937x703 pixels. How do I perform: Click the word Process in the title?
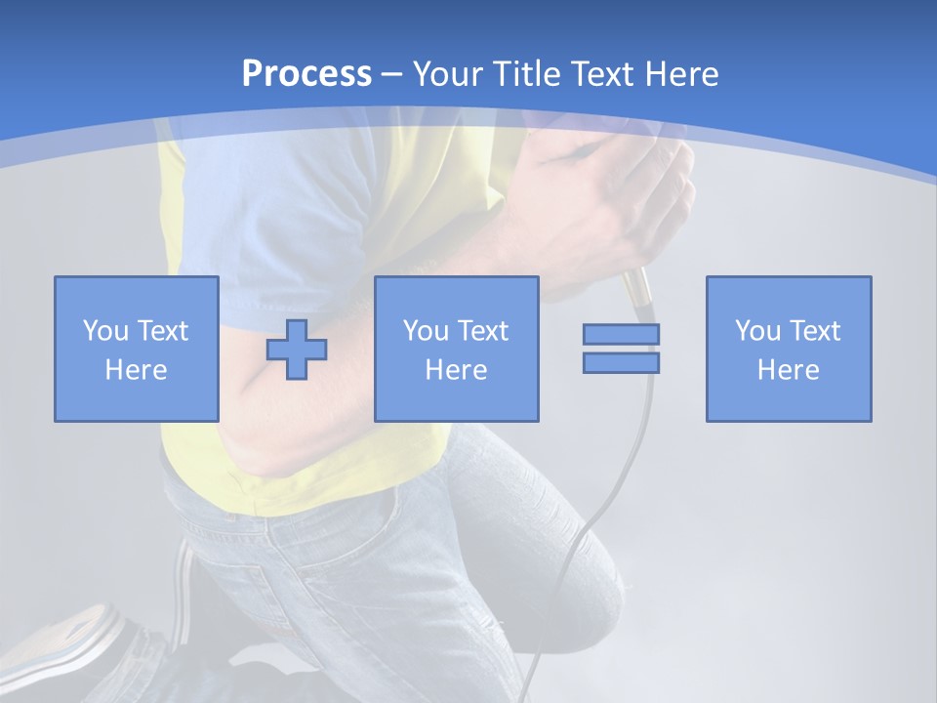click(306, 74)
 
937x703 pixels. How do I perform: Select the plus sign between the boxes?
click(297, 349)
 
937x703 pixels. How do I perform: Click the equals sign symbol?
click(621, 349)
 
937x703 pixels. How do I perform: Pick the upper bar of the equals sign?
click(621, 334)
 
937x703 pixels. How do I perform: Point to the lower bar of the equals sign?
click(621, 362)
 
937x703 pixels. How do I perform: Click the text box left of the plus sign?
click(136, 349)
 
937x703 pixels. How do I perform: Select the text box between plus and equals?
click(456, 349)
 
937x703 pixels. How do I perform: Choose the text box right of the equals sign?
click(788, 349)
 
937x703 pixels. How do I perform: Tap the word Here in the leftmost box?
click(136, 370)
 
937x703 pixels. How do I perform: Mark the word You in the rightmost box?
click(757, 331)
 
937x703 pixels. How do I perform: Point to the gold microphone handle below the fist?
click(636, 289)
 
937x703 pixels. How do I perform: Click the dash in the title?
click(391, 74)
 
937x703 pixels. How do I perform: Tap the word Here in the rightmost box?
click(788, 370)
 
